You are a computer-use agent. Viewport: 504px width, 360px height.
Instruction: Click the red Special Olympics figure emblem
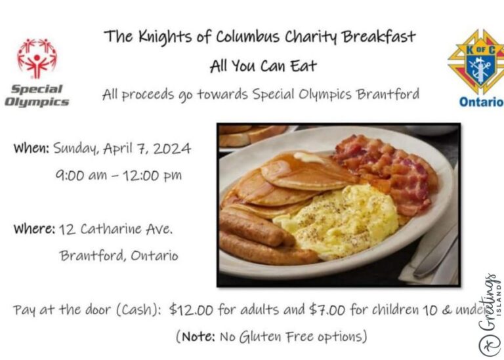click(37, 58)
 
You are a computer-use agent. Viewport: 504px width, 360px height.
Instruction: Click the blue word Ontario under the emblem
click(481, 102)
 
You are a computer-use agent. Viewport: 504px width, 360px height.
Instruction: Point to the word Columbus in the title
click(247, 36)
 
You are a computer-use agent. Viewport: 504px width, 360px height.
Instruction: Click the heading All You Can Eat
click(263, 66)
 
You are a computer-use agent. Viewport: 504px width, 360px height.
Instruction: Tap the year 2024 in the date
click(172, 149)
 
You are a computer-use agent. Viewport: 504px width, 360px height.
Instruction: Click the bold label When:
click(31, 148)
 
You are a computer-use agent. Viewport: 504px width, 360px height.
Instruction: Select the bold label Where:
click(34, 229)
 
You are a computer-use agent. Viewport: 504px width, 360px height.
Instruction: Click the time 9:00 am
click(81, 175)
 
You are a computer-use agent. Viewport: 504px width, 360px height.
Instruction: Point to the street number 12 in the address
click(67, 230)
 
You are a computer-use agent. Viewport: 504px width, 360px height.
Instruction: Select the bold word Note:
click(199, 336)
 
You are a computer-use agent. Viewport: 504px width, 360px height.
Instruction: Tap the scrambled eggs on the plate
click(337, 222)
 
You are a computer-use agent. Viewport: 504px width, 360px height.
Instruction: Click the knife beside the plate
click(436, 255)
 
